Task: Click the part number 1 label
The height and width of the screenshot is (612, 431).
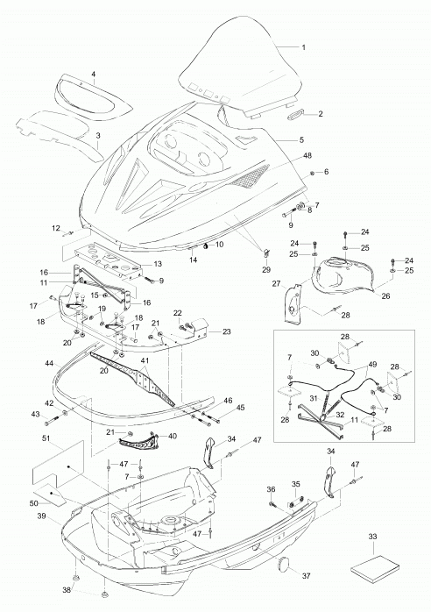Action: (303, 47)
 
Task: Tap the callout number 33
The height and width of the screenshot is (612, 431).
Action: (372, 537)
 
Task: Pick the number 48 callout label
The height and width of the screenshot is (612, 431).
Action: (307, 155)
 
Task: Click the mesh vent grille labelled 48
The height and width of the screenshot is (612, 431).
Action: (250, 175)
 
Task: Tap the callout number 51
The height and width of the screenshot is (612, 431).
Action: (46, 438)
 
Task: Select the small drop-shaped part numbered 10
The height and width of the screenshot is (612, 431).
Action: (205, 246)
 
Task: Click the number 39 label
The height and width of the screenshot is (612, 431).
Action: (42, 516)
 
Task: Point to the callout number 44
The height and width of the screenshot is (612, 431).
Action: (49, 363)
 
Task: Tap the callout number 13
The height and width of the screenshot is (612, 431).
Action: (158, 264)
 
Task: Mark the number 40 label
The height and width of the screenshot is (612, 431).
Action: (173, 436)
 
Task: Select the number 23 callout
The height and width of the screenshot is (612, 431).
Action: (227, 331)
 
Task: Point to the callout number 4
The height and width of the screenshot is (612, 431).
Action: (94, 74)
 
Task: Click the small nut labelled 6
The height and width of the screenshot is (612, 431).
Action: (312, 174)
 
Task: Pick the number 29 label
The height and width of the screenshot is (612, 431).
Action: (266, 270)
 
